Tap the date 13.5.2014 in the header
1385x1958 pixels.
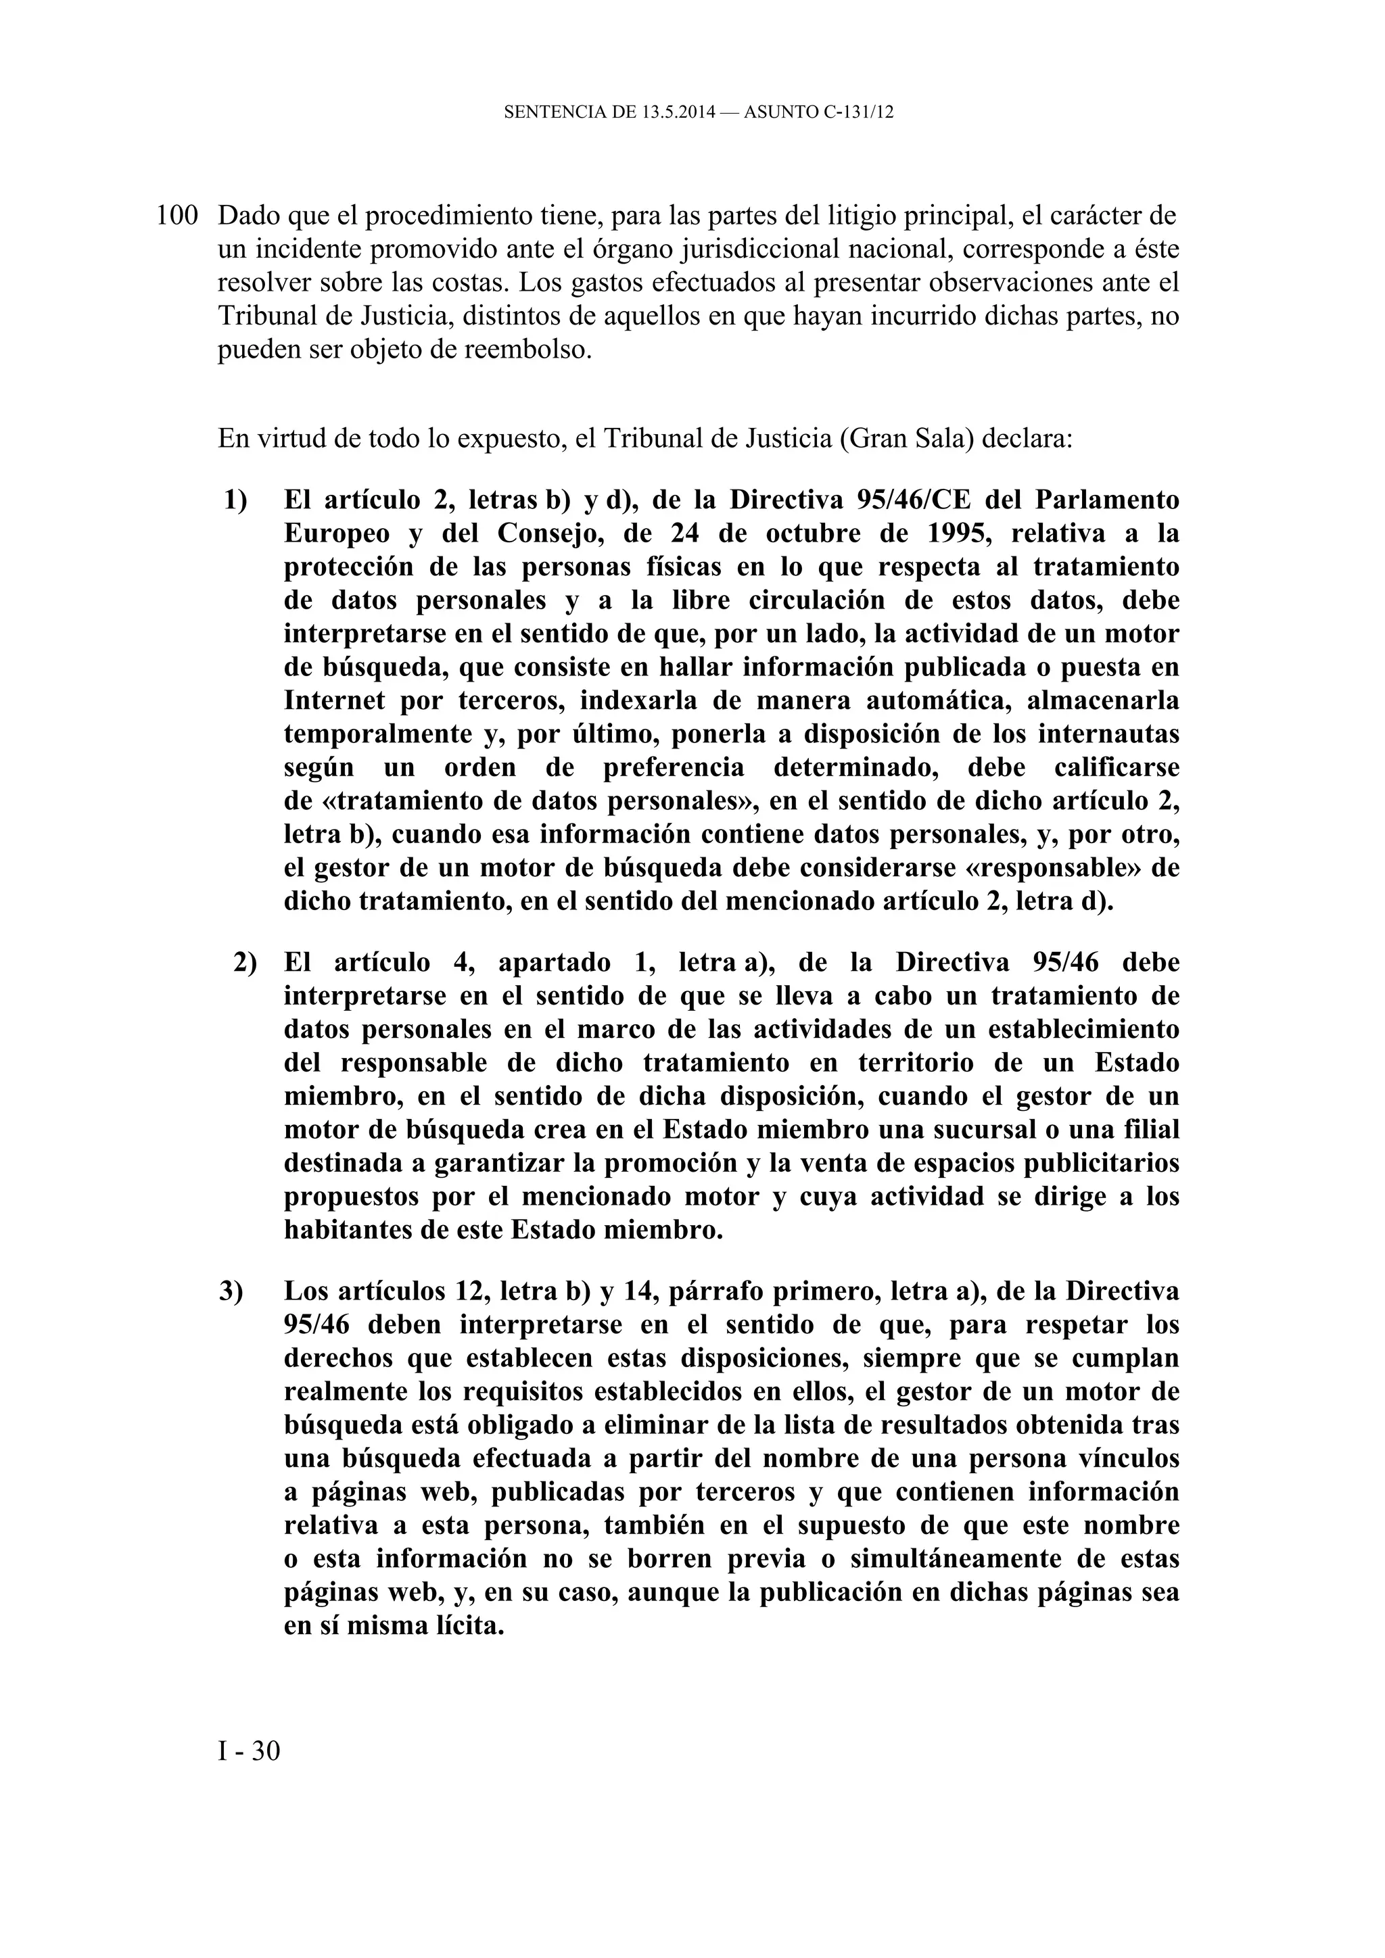click(677, 112)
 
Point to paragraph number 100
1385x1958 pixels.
click(177, 215)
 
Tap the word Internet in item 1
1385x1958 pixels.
click(334, 700)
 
